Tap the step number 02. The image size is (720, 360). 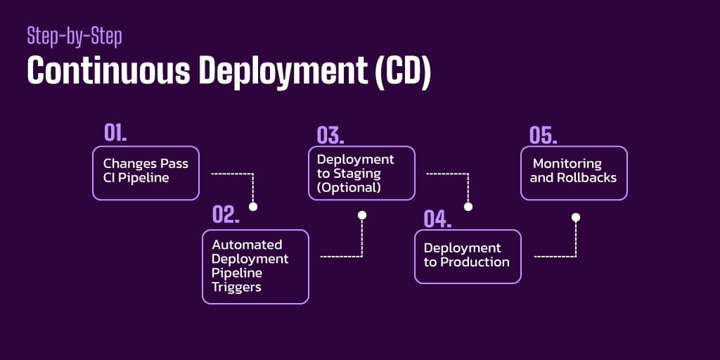[x=226, y=215]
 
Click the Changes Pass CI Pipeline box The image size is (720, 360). [x=146, y=173]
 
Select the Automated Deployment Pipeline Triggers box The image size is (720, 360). [x=255, y=266]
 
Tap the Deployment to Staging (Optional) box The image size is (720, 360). [x=361, y=173]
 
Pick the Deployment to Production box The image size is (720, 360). [x=468, y=256]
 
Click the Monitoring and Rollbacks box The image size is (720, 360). [x=574, y=173]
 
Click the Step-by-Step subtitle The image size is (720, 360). [x=74, y=37]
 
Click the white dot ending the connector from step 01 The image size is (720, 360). [x=253, y=207]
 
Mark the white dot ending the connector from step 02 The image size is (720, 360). [x=361, y=215]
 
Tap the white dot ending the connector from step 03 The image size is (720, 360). [x=468, y=207]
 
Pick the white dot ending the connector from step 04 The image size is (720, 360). [x=576, y=217]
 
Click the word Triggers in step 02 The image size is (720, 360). [x=236, y=287]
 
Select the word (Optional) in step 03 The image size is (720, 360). [x=349, y=188]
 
